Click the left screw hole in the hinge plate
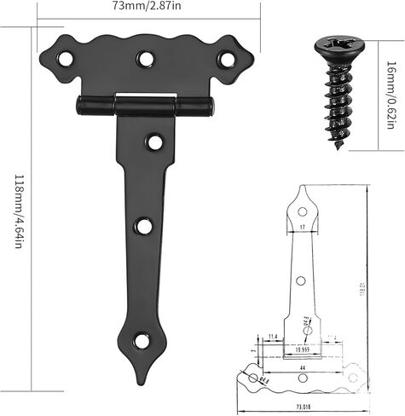click(x=65, y=59)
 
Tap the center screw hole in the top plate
click(x=147, y=58)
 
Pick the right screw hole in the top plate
click(x=225, y=58)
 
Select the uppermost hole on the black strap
click(x=154, y=142)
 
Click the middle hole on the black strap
click(x=144, y=227)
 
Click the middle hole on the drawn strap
click(x=302, y=280)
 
